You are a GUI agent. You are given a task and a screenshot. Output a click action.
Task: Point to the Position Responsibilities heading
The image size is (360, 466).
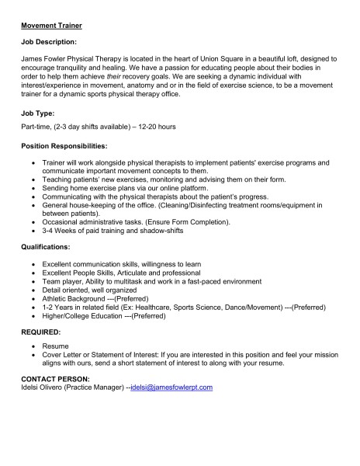(68, 146)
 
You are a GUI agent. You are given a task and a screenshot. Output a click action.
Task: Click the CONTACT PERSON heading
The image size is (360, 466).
(54, 378)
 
